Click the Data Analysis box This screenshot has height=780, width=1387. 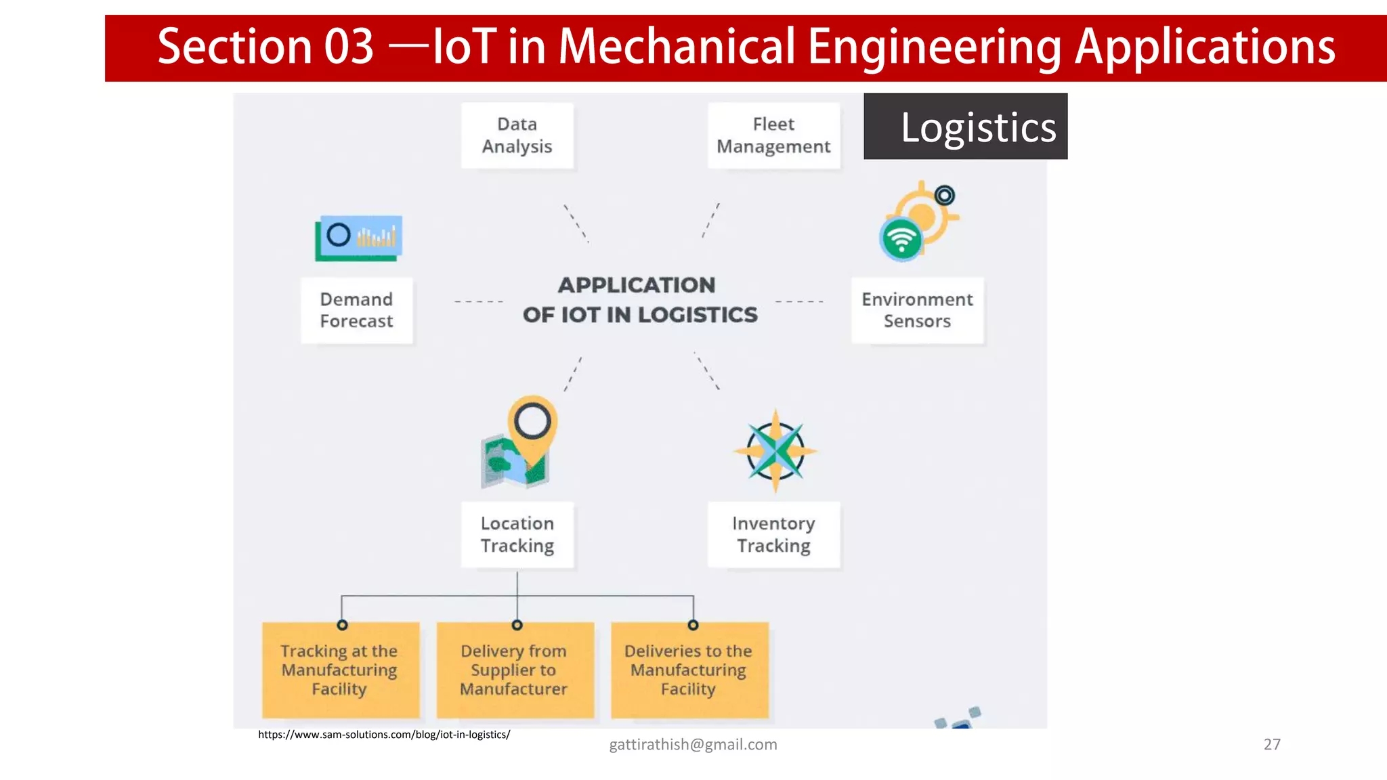click(x=517, y=135)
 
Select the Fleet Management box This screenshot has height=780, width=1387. click(x=773, y=135)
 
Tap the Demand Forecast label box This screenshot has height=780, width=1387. click(x=356, y=310)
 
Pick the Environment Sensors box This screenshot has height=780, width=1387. click(x=917, y=310)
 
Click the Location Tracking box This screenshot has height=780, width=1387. click(x=517, y=534)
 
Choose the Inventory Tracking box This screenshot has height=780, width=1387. click(x=773, y=534)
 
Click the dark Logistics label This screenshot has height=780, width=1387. click(x=965, y=127)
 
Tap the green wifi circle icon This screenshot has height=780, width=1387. click(x=901, y=239)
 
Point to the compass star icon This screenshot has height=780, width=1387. click(x=775, y=451)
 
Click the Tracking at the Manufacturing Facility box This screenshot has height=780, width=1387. click(x=340, y=670)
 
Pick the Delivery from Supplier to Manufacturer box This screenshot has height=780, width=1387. click(x=515, y=670)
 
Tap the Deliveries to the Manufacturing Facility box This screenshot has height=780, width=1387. click(x=689, y=670)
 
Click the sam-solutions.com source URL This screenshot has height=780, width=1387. click(x=384, y=735)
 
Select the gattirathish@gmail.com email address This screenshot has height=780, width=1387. click(x=693, y=745)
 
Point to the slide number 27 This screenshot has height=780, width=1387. click(x=1272, y=745)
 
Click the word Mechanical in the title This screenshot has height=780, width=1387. click(x=677, y=47)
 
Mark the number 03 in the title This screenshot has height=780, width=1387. click(x=349, y=47)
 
